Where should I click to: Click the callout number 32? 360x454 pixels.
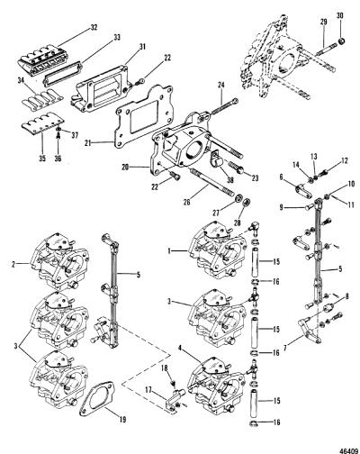(94, 28)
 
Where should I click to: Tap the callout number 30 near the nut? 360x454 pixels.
(340, 15)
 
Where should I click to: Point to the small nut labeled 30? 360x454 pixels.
(341, 41)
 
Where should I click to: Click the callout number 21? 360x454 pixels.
(87, 143)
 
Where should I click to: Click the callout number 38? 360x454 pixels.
(230, 180)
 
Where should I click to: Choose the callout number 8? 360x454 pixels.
(346, 296)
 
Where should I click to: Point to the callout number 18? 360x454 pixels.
(165, 368)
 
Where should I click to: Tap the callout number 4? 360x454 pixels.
(180, 349)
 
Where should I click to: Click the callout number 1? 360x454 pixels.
(169, 250)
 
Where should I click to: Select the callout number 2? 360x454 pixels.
(13, 264)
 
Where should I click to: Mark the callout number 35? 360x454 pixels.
(42, 159)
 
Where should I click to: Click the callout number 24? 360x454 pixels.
(220, 86)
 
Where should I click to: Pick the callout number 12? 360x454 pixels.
(344, 161)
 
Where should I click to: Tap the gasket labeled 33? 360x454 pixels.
(63, 73)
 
